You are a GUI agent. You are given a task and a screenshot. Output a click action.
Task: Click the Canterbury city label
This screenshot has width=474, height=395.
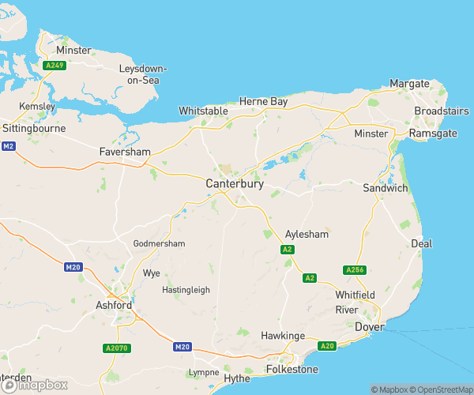[234, 183]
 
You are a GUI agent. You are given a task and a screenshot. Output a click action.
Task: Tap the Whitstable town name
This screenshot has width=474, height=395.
[204, 111]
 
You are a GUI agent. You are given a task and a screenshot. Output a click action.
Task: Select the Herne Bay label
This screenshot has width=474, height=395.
[264, 102]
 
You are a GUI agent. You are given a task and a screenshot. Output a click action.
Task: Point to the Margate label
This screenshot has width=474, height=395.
[410, 84]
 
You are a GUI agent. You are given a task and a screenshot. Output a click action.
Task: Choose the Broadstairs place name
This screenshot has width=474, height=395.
[442, 111]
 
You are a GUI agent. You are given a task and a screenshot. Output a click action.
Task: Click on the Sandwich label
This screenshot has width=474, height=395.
[385, 188]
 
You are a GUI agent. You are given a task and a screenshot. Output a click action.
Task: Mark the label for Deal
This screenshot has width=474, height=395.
[421, 243]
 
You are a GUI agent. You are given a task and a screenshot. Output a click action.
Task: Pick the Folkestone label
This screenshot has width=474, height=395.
[291, 369]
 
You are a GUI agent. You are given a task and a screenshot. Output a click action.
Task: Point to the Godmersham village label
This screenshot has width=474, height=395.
[159, 243]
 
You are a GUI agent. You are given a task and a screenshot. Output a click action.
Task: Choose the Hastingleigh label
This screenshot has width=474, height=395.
[186, 290]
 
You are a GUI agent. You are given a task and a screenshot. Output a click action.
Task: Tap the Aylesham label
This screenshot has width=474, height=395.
[306, 235]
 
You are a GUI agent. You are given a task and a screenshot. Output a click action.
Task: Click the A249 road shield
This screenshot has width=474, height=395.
[55, 66]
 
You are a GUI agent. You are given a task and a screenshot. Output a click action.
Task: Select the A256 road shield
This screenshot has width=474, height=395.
[355, 270]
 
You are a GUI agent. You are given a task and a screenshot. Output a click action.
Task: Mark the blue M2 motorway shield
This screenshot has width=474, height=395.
[9, 146]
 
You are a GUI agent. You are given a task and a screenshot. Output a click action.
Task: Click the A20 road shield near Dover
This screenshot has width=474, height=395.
[326, 346]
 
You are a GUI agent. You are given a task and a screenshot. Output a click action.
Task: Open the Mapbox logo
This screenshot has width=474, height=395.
[34, 386]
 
